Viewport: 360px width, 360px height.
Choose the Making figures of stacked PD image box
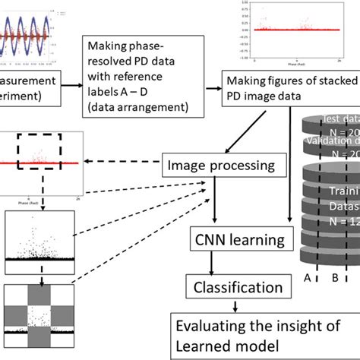click(x=281, y=90)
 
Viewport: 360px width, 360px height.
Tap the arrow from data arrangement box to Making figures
click(x=206, y=85)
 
